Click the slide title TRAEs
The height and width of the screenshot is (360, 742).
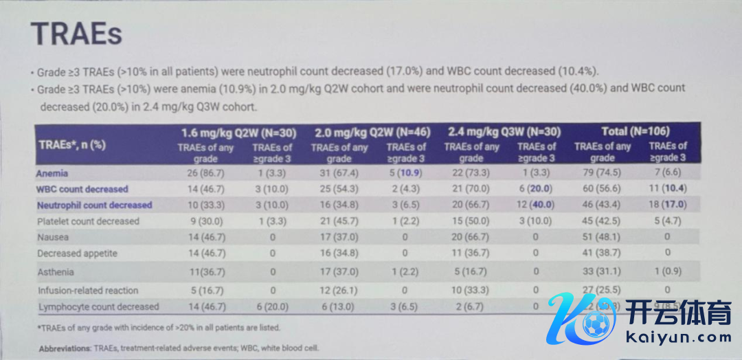point(76,33)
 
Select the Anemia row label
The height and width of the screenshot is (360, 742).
point(54,173)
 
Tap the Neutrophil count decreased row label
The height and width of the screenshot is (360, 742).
point(95,205)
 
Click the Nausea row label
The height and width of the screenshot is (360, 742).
point(54,237)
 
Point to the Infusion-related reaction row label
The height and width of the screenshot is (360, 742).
point(88,290)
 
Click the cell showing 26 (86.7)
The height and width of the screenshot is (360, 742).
point(205,173)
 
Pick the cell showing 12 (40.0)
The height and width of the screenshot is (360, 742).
point(536,205)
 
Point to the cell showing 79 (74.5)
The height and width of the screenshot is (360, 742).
point(602,173)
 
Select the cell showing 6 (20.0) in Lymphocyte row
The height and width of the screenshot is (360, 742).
point(272,306)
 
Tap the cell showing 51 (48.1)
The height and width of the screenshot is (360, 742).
point(602,237)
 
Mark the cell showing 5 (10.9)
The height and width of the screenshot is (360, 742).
point(405,173)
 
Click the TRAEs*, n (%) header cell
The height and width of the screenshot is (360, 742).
point(72,144)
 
